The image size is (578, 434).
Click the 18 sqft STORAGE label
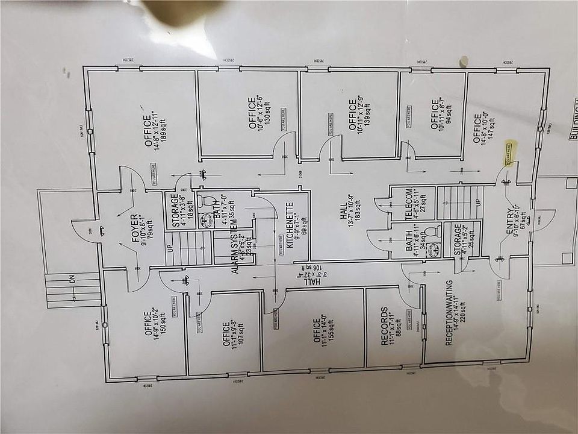pyautogui.click(x=175, y=208)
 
